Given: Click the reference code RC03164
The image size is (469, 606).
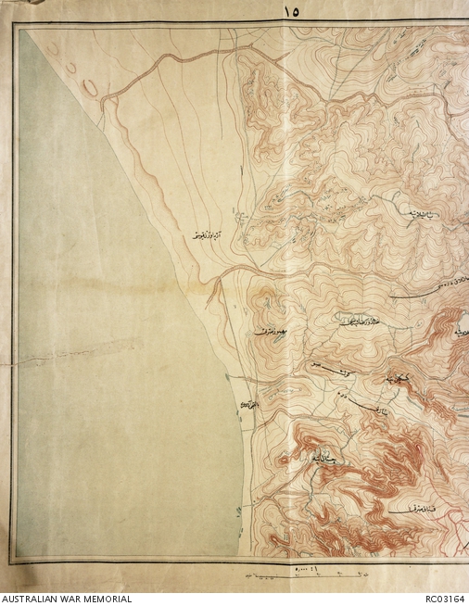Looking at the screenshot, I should pos(442,598).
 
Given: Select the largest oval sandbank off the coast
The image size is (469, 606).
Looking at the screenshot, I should pos(91,87).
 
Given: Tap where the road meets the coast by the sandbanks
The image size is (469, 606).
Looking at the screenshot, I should pos(104,99).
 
